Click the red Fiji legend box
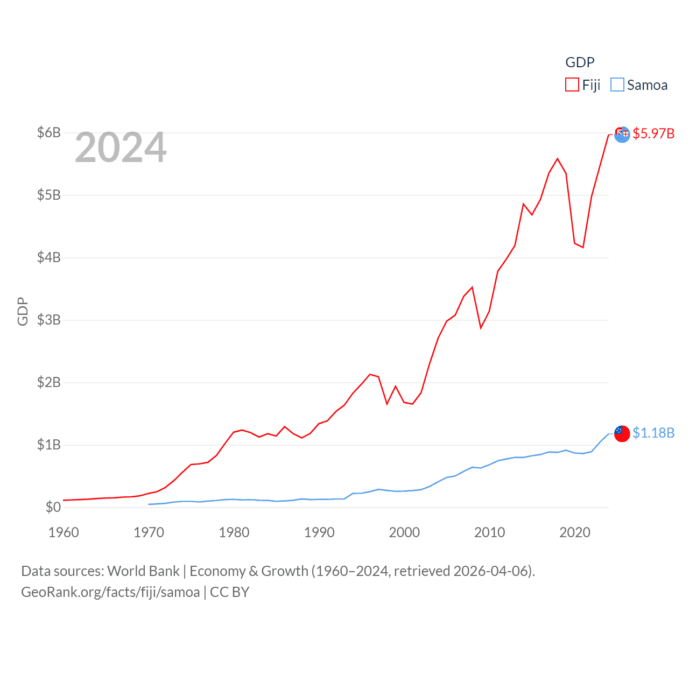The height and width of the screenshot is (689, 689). point(572,85)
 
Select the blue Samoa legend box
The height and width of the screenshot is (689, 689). point(617,85)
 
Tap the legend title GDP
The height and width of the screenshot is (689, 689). point(580,62)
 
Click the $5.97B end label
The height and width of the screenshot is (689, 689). point(653,133)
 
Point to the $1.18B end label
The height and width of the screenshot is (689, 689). point(653,433)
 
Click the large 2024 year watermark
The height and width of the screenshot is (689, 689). point(121,147)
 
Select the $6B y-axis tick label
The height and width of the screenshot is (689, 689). point(48,132)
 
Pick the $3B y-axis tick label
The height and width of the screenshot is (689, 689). point(48,320)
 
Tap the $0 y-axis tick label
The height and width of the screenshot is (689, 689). point(53,507)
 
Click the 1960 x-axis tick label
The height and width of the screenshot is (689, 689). point(64,532)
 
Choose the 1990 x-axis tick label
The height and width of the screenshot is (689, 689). point(319,532)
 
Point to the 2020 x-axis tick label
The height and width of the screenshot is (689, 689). point(575,532)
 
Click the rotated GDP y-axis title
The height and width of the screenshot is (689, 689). point(23,311)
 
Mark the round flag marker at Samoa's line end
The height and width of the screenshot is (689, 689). point(622,433)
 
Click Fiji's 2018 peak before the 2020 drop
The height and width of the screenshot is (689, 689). point(558,159)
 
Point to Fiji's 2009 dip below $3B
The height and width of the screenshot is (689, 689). point(481,328)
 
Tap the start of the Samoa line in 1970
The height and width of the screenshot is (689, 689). point(149,504)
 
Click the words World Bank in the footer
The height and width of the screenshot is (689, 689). point(143,571)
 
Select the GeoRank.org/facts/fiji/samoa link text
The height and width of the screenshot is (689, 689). point(110,592)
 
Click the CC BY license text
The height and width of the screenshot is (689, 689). point(229,592)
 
